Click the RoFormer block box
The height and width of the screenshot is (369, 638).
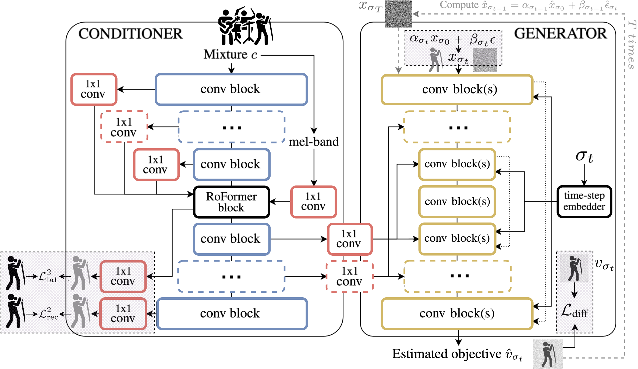pyautogui.click(x=231, y=202)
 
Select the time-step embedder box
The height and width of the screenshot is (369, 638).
pyautogui.click(x=584, y=201)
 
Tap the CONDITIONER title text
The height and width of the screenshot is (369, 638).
pyautogui.click(x=130, y=34)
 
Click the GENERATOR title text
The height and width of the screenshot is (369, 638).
pyautogui.click(x=561, y=34)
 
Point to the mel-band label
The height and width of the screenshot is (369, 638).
pyautogui.click(x=314, y=142)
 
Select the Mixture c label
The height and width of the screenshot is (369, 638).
pyautogui.click(x=230, y=55)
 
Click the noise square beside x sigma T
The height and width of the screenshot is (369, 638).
pyautogui.click(x=398, y=14)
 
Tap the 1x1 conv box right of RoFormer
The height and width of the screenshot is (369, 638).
pyautogui.click(x=313, y=202)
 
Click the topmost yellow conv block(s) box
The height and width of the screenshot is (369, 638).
pyautogui.click(x=457, y=89)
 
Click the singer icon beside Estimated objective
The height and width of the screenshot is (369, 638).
pyautogui.click(x=548, y=354)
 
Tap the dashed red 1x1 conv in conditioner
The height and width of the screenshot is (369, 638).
pyautogui.click(x=124, y=127)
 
